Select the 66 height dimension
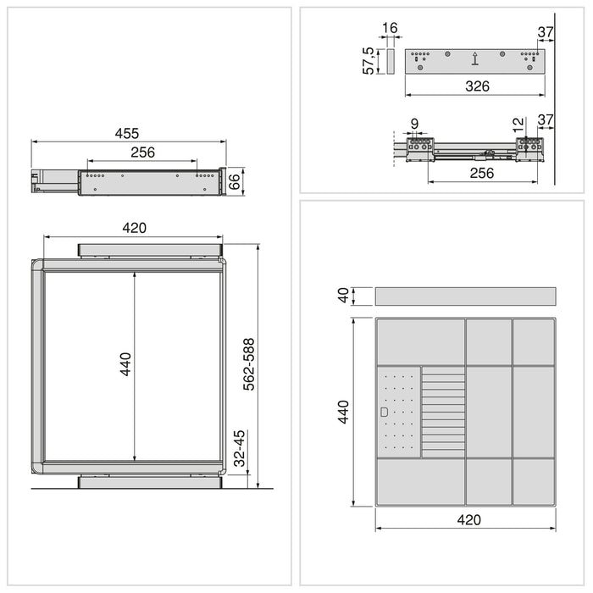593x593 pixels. (237, 182)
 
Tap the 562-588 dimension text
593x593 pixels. (249, 364)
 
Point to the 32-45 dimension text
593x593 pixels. (240, 448)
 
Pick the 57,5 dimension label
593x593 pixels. (369, 61)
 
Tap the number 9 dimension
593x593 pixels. (414, 125)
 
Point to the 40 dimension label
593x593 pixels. (343, 296)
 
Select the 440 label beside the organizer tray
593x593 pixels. (343, 412)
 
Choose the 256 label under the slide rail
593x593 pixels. (481, 173)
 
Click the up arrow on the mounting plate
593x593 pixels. (474, 59)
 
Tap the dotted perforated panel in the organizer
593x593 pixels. (398, 412)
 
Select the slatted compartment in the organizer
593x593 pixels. (443, 412)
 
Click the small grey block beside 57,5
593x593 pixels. (390, 61)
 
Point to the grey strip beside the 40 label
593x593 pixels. (465, 296)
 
